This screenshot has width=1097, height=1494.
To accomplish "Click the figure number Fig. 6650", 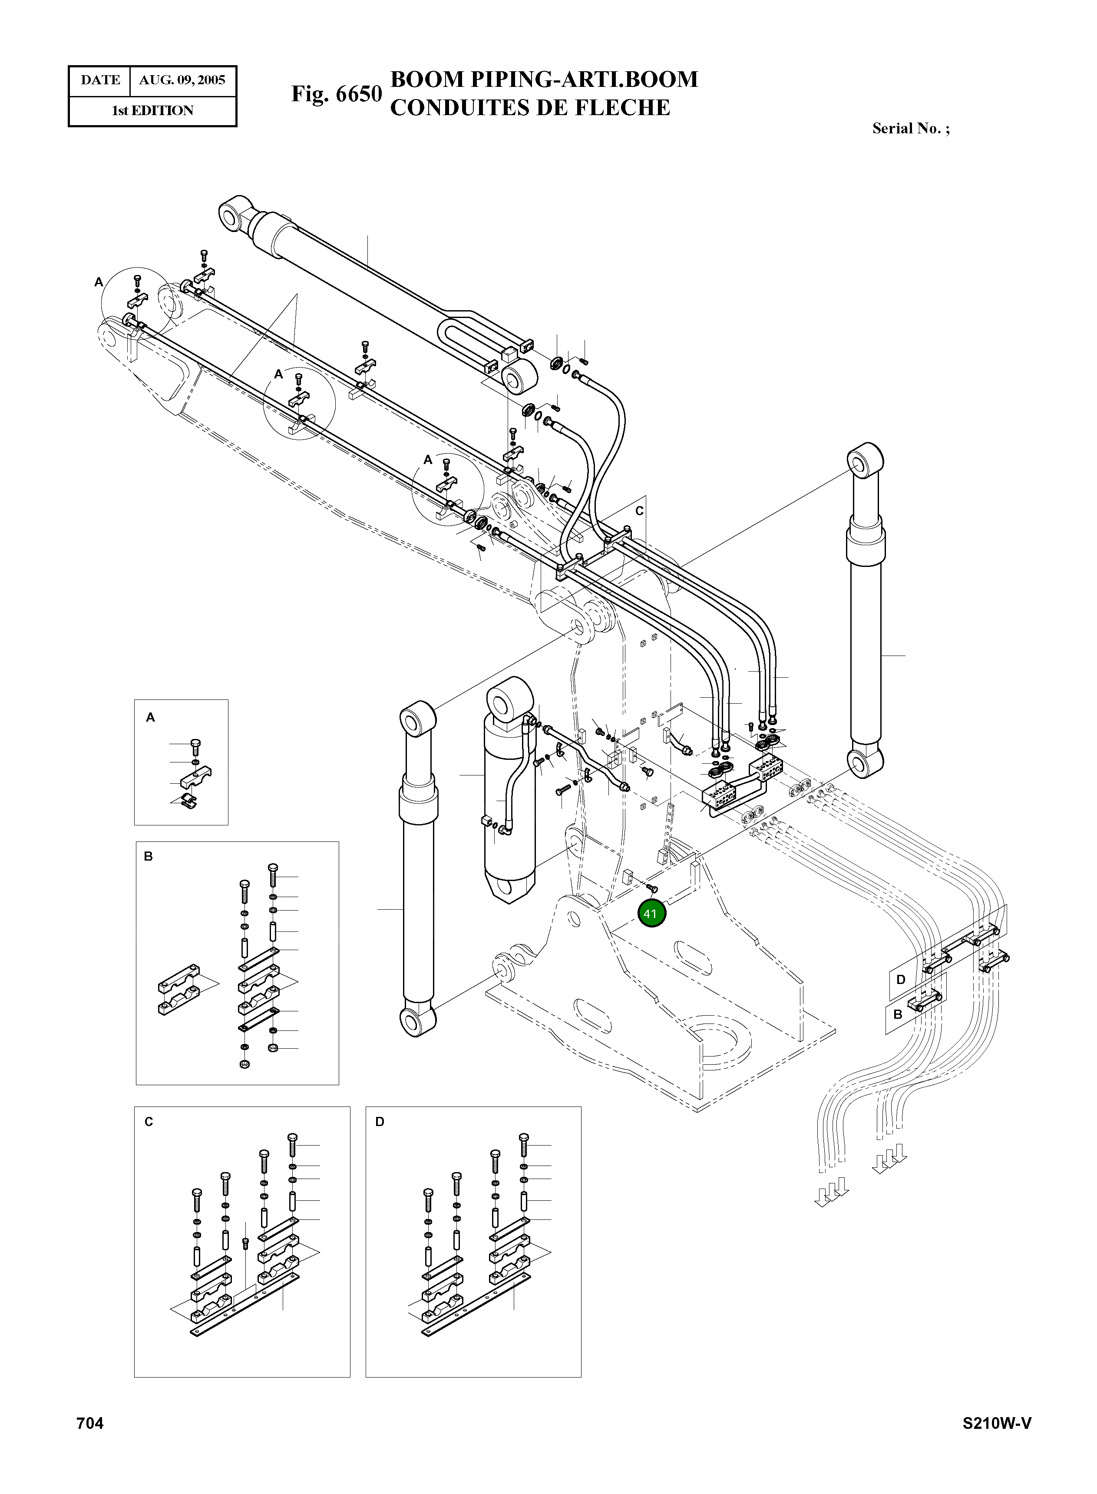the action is tap(337, 94).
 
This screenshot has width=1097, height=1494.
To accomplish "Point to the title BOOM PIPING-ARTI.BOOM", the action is tap(544, 79).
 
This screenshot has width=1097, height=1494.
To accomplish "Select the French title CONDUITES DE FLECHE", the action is tap(530, 107).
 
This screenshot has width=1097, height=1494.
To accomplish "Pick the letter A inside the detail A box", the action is tap(151, 717).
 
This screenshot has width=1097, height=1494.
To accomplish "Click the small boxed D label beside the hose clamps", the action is tap(901, 980).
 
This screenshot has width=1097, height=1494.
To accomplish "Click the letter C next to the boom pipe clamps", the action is tap(639, 511).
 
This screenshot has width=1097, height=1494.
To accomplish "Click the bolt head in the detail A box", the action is tap(195, 743).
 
